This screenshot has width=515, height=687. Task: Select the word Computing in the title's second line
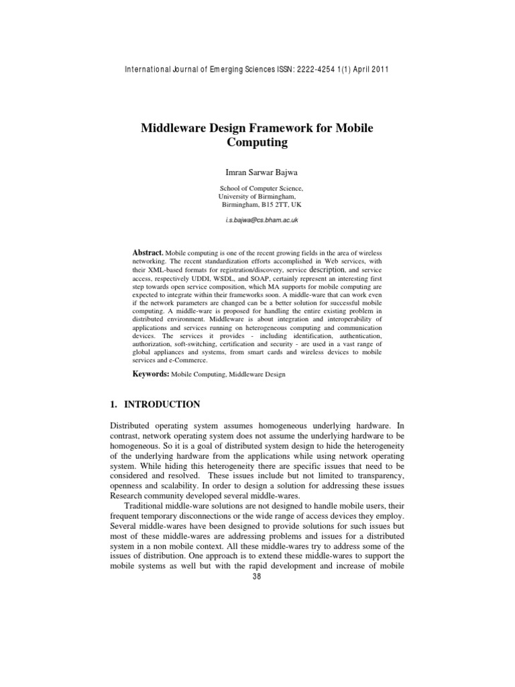[257, 142]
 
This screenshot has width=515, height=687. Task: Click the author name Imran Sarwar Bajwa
[257, 172]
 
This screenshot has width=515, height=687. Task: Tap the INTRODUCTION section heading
[160, 404]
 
